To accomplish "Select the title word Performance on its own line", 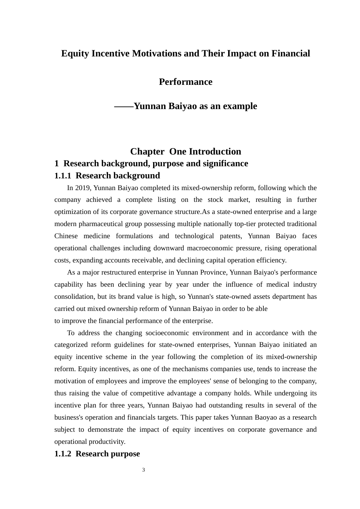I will (x=186, y=82).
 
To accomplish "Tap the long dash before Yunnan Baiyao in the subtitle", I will (x=124, y=106).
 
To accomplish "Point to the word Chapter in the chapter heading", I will (x=147, y=152).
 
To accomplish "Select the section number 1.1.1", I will (x=63, y=176).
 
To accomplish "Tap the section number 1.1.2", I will (x=63, y=454).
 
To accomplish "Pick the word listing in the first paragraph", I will (x=164, y=200).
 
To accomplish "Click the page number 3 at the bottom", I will (x=144, y=470).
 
